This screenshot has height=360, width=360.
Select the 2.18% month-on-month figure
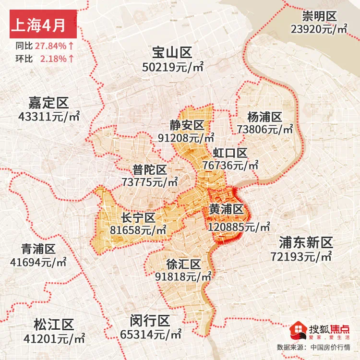pyautogui.click(x=54, y=59)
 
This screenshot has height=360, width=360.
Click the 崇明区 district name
pyautogui.click(x=319, y=17)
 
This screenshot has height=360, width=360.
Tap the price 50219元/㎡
pyautogui.click(x=173, y=67)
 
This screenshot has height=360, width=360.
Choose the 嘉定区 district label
pyautogui.click(x=48, y=103)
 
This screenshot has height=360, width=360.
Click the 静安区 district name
pyautogui.click(x=186, y=125)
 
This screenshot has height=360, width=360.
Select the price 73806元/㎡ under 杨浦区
pyautogui.click(x=265, y=129)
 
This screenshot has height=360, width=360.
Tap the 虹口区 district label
pyautogui.click(x=230, y=153)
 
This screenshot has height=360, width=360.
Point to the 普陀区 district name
pyautogui.click(x=150, y=169)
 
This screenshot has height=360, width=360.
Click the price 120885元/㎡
pyautogui.click(x=239, y=226)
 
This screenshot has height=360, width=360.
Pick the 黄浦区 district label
pyautogui.click(x=227, y=210)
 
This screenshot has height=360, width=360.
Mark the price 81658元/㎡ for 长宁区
pyautogui.click(x=138, y=230)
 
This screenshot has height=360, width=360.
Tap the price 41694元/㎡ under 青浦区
pyautogui.click(x=38, y=263)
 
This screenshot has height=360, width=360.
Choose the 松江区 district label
pyautogui.click(x=54, y=324)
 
